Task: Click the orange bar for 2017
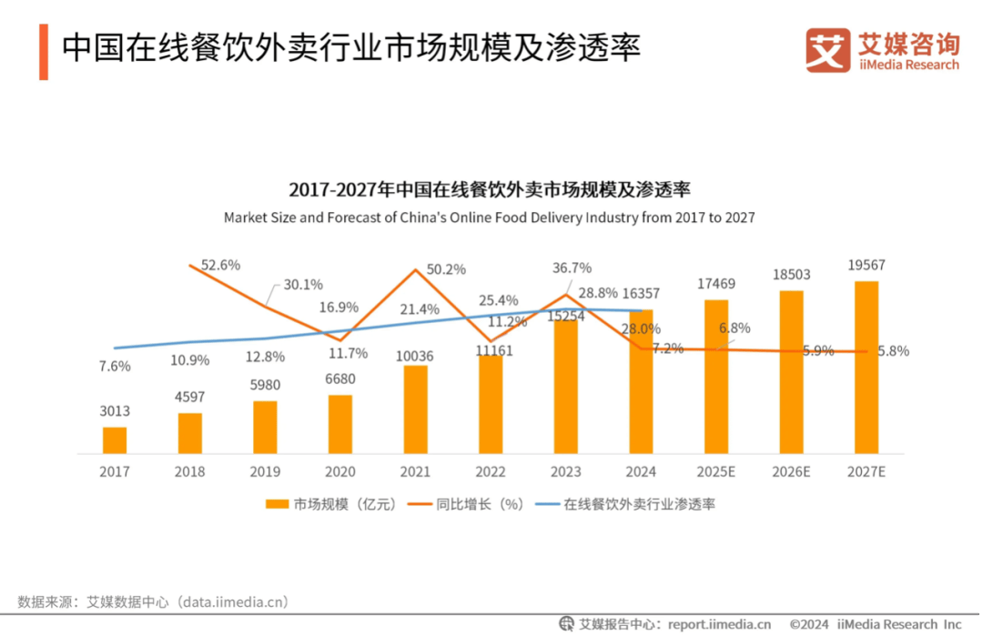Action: [115, 440]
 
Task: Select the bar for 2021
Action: [415, 409]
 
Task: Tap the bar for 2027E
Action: [866, 368]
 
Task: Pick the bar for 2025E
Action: [715, 377]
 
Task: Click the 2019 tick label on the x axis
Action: [265, 472]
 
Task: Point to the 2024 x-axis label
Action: [641, 472]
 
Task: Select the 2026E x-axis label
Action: [791, 472]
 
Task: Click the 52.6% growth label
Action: [220, 266]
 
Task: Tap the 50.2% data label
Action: [446, 269]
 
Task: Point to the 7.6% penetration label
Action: [115, 367]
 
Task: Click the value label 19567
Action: [866, 266]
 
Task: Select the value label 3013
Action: [115, 411]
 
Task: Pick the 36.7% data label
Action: [573, 268]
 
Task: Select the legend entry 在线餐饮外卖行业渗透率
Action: [628, 504]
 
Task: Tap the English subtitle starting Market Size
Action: [490, 218]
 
